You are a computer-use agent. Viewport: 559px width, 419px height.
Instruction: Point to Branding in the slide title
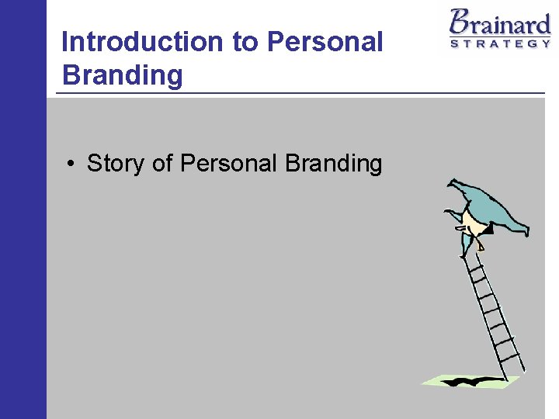click(x=122, y=75)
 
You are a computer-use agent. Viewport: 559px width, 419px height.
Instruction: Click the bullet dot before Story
click(x=70, y=164)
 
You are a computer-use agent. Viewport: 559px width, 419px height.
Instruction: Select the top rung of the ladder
click(x=474, y=260)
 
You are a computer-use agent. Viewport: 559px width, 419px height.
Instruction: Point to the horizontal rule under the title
click(x=300, y=94)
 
